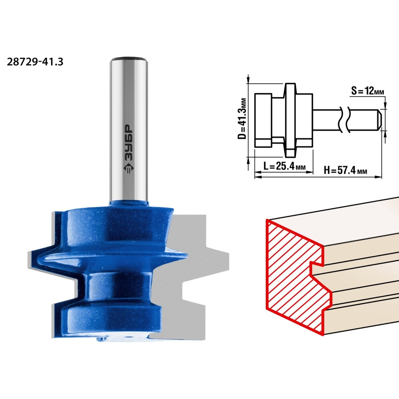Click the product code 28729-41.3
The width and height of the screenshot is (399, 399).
tap(35, 62)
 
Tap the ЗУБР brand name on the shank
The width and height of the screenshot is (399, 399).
tap(129, 143)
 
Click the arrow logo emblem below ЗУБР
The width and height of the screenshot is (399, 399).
tap(129, 168)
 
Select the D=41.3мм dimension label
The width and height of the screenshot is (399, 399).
tap(242, 119)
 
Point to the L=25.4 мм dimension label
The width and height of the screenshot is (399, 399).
tap(284, 166)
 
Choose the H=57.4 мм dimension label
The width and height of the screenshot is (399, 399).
tap(345, 170)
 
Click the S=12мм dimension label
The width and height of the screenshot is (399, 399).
tap(367, 91)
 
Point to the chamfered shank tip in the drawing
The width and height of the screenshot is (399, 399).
tap(379, 120)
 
